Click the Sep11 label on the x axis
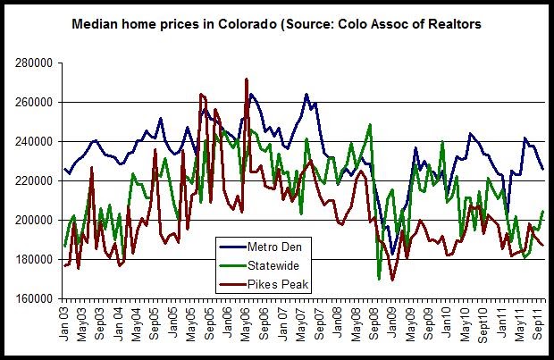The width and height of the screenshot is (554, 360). click(x=541, y=322)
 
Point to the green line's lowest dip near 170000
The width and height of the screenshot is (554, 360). click(x=380, y=279)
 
